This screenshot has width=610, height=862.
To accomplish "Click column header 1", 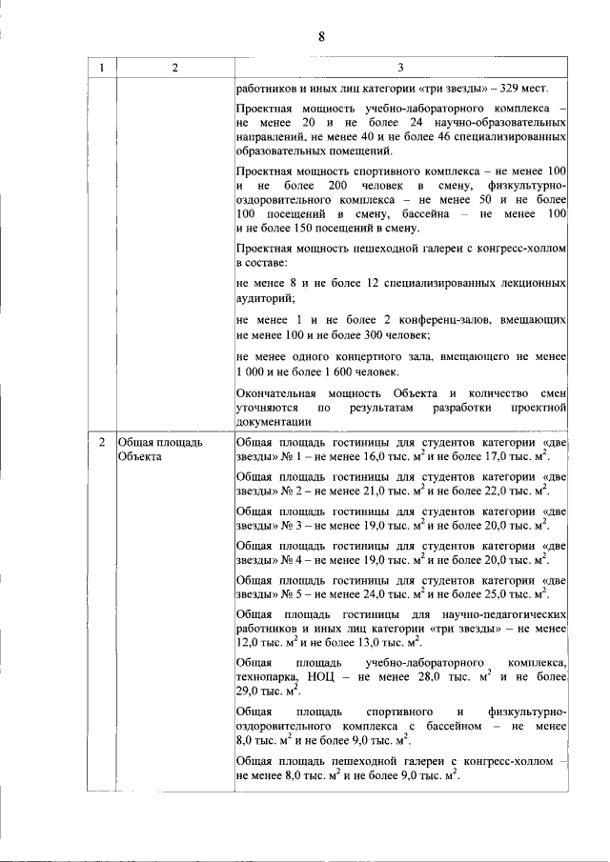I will pyautogui.click(x=101, y=67).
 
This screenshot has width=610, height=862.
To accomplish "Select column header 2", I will pyautogui.click(x=174, y=67).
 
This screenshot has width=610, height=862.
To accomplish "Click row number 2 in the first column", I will pyautogui.click(x=101, y=443).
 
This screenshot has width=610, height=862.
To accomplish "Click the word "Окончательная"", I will pyautogui.click(x=278, y=393).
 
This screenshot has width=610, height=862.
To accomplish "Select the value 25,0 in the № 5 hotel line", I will pyautogui.click(x=497, y=592).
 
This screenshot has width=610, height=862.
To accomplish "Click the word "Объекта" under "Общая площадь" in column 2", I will pyautogui.click(x=140, y=456).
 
